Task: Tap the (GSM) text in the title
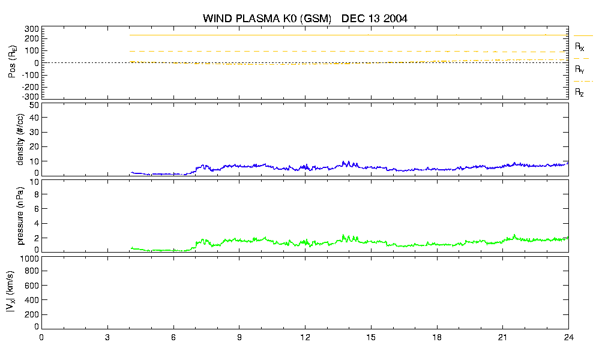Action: click(316, 19)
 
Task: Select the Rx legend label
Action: click(579, 47)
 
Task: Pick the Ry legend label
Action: click(579, 69)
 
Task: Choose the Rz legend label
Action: click(579, 92)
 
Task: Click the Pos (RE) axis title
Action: click(13, 62)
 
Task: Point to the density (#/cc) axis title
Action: click(20, 139)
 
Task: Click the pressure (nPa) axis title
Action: click(20, 215)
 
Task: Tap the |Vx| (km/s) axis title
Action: click(11, 292)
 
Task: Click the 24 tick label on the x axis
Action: click(568, 337)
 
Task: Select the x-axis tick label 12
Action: click(305, 337)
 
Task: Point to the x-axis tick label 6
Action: click(173, 337)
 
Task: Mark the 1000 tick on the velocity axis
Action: click(29, 259)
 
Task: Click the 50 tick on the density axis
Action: click(34, 106)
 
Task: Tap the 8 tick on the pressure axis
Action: click(37, 194)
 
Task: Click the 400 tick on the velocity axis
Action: click(32, 301)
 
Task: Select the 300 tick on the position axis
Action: click(32, 29)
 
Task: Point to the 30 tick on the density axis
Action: click(34, 133)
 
